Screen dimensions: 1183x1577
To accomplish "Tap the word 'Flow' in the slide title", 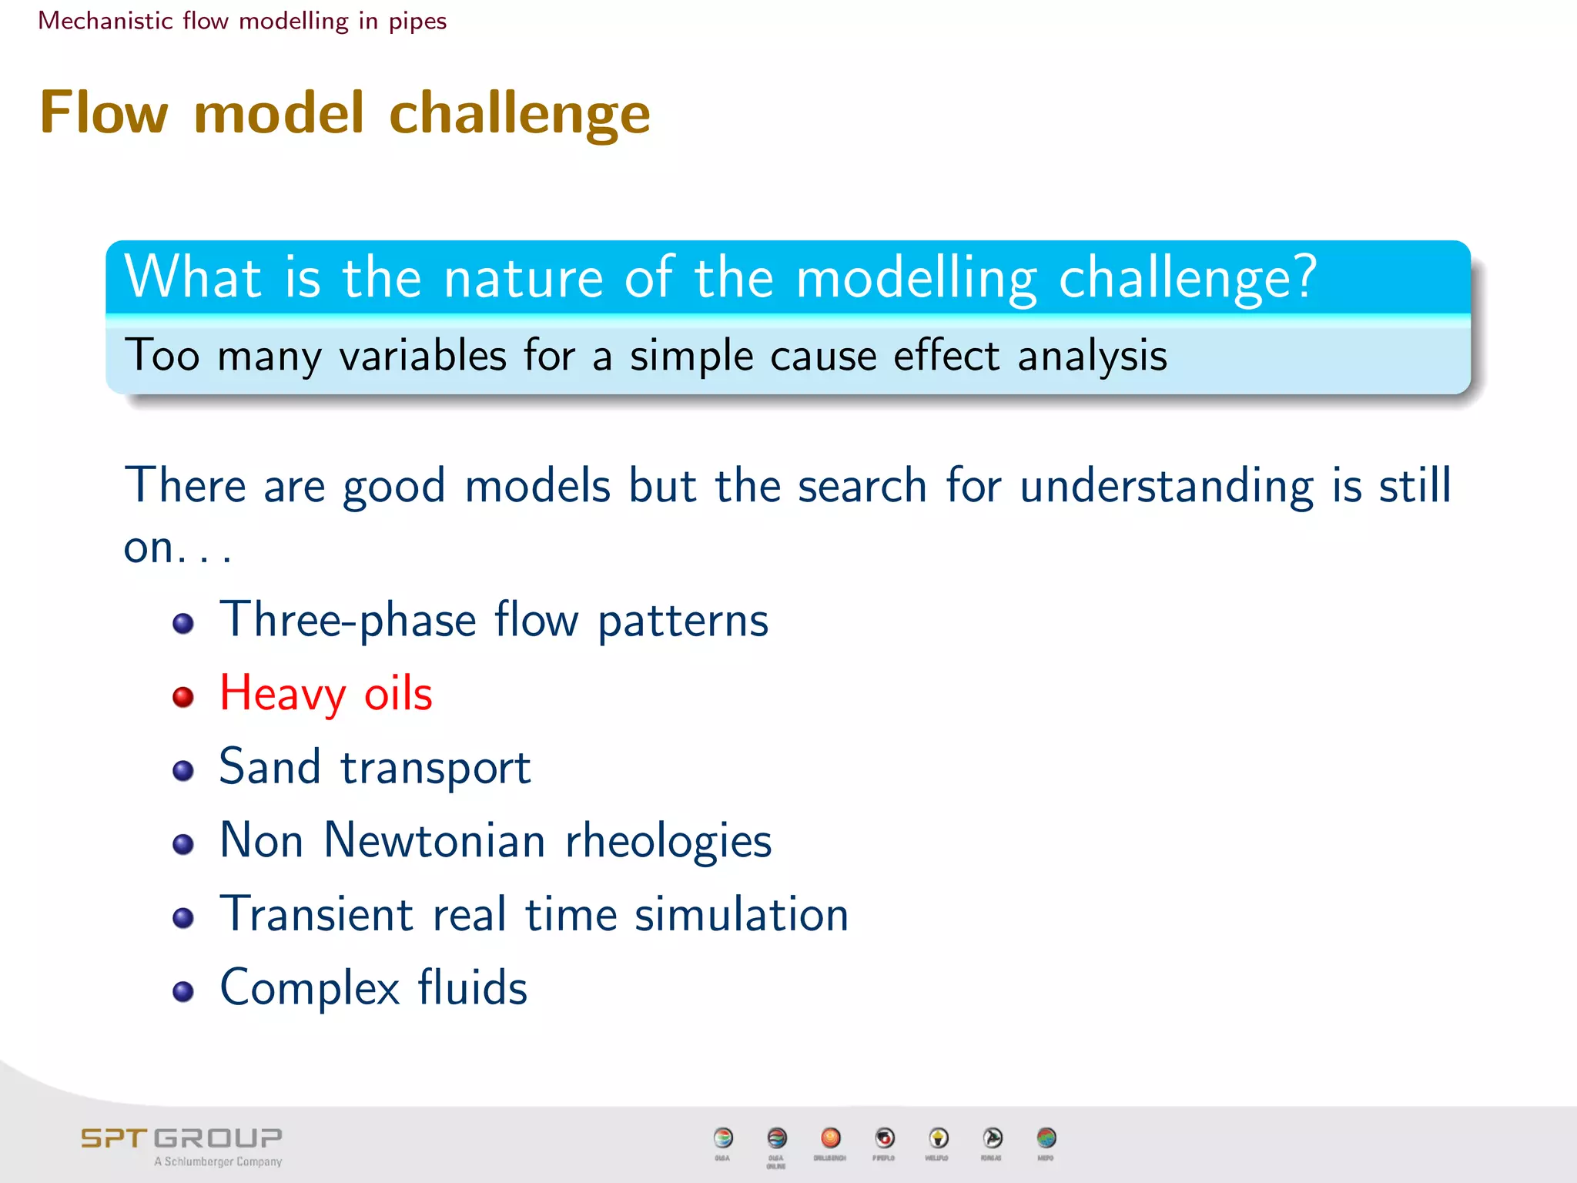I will pyautogui.click(x=104, y=112).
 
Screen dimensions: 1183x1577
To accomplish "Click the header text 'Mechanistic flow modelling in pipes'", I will pyautogui.click(x=242, y=21).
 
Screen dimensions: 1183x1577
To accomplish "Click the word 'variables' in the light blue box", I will pyautogui.click(x=422, y=356).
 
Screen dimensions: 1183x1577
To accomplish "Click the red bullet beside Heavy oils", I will pyautogui.click(x=183, y=696).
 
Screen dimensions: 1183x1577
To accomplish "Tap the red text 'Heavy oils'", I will pyautogui.click(x=326, y=693).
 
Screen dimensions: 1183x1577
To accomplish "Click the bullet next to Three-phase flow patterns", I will pyautogui.click(x=183, y=623).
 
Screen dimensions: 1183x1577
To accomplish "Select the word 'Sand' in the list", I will pyautogui.click(x=270, y=767).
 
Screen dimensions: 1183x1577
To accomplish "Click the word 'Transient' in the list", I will pyautogui.click(x=316, y=914).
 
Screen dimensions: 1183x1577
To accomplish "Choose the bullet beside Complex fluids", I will pyautogui.click(x=183, y=990).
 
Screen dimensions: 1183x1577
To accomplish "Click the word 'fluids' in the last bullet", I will pyautogui.click(x=472, y=987).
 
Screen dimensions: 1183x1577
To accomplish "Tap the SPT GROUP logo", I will pyautogui.click(x=182, y=1138).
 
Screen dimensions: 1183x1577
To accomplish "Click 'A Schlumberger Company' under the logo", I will pyautogui.click(x=218, y=1161).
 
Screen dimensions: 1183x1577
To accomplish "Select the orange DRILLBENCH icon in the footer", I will pyautogui.click(x=830, y=1138).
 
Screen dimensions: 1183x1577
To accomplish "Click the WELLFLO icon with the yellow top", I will pyautogui.click(x=938, y=1138).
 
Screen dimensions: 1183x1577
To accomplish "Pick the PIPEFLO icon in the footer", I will pyautogui.click(x=884, y=1138).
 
